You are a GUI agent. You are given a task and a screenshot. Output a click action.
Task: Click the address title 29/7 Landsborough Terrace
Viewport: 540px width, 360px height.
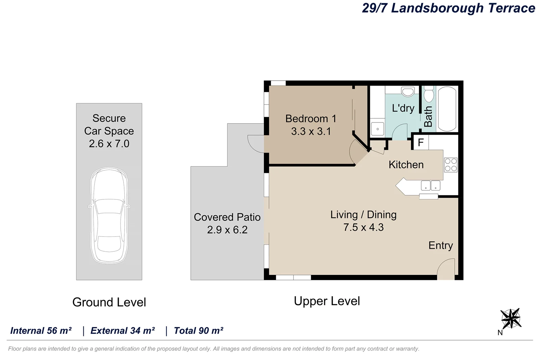(448, 8)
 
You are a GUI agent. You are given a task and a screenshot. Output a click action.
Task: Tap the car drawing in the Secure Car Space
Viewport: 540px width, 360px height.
(109, 216)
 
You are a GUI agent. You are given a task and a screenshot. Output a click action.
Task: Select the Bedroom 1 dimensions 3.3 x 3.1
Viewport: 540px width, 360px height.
(311, 131)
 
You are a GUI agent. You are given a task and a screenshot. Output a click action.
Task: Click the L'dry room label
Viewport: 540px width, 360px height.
(403, 108)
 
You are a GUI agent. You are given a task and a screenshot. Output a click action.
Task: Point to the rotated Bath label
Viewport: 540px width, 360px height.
(428, 116)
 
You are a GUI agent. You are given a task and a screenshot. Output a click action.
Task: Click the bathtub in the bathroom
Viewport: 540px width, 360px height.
(447, 109)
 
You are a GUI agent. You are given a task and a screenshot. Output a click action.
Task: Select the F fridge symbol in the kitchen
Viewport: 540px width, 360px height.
(421, 142)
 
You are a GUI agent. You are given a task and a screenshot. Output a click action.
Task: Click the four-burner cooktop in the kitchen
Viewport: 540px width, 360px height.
(451, 165)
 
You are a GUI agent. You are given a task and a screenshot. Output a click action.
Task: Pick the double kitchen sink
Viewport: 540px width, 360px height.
(430, 186)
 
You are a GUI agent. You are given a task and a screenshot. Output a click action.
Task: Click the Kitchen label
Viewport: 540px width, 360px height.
(406, 165)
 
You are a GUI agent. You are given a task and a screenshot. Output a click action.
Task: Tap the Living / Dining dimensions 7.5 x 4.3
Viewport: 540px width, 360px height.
(363, 227)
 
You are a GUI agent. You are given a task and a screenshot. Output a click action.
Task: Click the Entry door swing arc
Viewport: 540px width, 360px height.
(446, 269)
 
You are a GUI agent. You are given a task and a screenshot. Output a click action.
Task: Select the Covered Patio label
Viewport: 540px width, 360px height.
(227, 217)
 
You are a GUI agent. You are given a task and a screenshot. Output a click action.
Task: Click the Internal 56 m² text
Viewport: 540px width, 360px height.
(41, 331)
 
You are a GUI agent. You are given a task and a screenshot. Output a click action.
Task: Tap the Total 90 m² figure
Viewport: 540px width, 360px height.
(198, 331)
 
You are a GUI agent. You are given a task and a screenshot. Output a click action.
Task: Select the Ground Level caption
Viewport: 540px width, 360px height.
(109, 302)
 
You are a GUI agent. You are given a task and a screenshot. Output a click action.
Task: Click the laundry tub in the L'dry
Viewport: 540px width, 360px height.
(377, 129)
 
